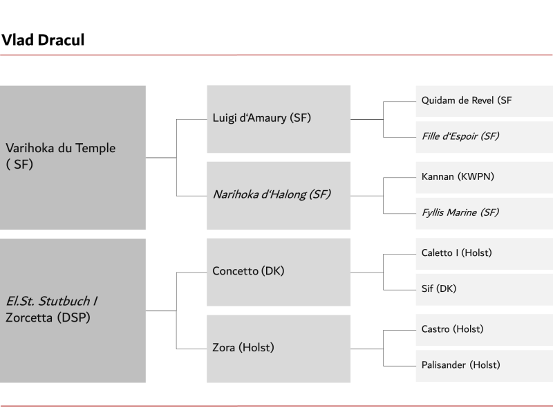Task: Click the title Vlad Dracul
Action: click(x=43, y=40)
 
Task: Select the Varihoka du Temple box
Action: click(x=73, y=158)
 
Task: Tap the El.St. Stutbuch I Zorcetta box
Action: click(x=73, y=311)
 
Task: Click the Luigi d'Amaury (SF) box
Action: click(x=279, y=119)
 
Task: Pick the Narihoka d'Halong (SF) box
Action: click(x=279, y=196)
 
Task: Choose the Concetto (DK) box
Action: click(x=279, y=272)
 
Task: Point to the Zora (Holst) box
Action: click(x=279, y=349)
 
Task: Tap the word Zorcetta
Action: click(x=29, y=317)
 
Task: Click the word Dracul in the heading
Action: click(x=62, y=40)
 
